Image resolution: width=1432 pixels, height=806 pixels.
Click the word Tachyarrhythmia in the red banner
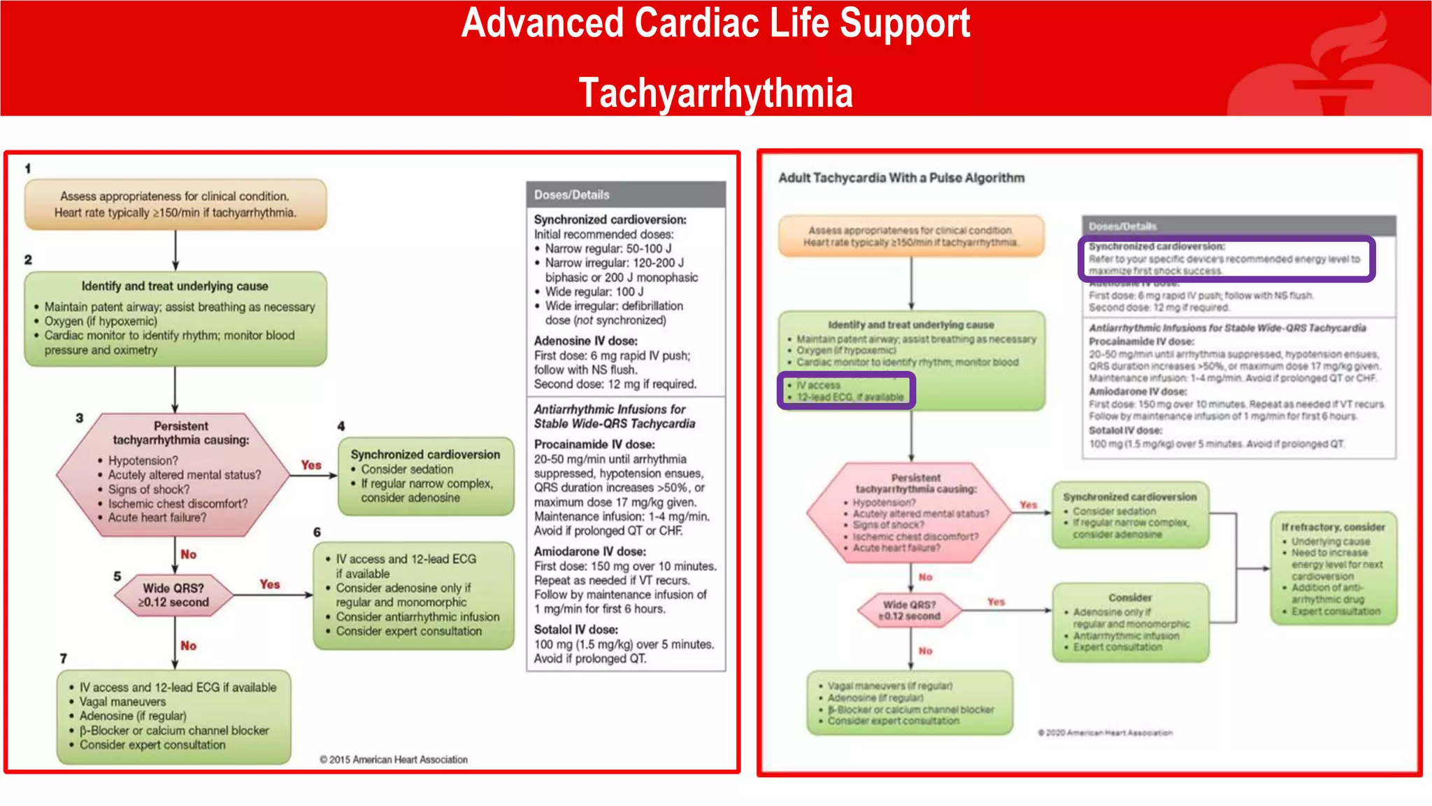coord(715,93)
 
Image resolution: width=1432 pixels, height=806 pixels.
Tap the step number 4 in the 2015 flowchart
coord(341,425)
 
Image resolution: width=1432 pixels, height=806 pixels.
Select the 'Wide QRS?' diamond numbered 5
coord(173,595)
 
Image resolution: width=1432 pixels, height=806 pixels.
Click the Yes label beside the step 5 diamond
coord(270,584)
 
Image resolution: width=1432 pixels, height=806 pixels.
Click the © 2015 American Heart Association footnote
coord(394,759)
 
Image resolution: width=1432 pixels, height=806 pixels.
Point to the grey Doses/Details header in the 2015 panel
coord(626,195)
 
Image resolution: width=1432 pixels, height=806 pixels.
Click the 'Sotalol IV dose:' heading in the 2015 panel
coord(576,630)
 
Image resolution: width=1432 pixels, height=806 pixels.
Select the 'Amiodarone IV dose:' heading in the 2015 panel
coord(590,551)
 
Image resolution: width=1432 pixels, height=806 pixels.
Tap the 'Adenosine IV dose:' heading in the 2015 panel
coord(586,341)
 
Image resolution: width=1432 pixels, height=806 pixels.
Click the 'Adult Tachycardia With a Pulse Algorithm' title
coord(901,178)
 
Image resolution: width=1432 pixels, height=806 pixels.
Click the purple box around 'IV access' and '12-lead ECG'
coord(846,390)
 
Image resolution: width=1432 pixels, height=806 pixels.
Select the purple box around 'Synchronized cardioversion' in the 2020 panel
coord(1226,259)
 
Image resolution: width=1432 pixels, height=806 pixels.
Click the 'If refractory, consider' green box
coord(1333,568)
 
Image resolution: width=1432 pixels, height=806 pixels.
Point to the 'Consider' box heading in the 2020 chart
coord(1130,598)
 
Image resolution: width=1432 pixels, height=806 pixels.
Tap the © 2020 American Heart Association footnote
coord(1105,733)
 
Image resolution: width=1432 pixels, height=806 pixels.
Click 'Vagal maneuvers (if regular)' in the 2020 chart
coord(890,686)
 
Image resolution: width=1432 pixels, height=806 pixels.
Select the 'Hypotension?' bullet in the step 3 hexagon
coord(143,460)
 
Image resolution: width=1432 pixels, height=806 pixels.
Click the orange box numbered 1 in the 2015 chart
coord(176,204)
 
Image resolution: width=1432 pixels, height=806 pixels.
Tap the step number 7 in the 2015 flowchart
coord(64,658)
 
